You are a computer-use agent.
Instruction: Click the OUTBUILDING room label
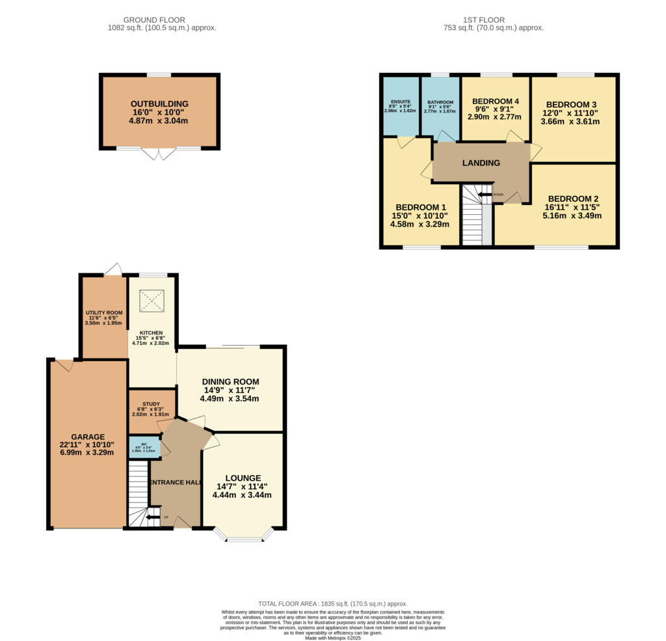pyautogui.click(x=159, y=103)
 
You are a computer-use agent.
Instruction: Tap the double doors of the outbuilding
pyautogui.click(x=159, y=154)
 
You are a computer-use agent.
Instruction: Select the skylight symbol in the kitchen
pyautogui.click(x=152, y=300)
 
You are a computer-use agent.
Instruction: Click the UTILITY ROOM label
pyautogui.click(x=104, y=312)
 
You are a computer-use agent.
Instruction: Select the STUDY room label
pyautogui.click(x=152, y=403)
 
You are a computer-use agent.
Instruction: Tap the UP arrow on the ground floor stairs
pyautogui.click(x=153, y=518)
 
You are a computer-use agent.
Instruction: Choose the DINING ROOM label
pyautogui.click(x=230, y=382)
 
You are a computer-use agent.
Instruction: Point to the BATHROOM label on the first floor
pyautogui.click(x=440, y=102)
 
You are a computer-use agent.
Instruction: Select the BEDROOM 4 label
pyautogui.click(x=496, y=101)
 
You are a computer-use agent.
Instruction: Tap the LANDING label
pyautogui.click(x=481, y=163)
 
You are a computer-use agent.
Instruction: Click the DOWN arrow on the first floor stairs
pyautogui.click(x=485, y=194)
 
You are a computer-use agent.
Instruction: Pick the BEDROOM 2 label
pyautogui.click(x=572, y=198)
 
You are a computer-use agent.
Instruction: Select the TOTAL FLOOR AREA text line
pyautogui.click(x=332, y=604)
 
